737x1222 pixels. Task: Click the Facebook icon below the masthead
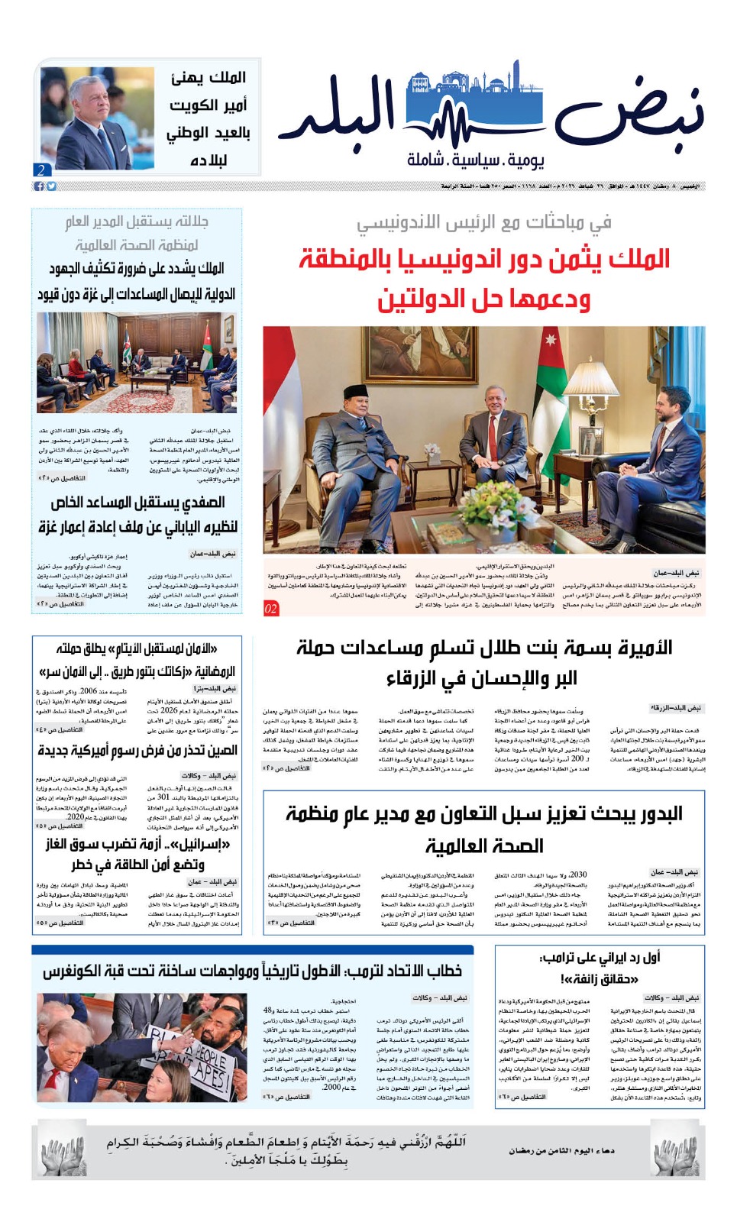(39, 186)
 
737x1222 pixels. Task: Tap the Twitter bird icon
(51, 186)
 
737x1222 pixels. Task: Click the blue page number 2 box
(41, 170)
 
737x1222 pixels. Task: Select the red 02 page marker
(271, 609)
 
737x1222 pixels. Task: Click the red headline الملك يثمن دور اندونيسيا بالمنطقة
(484, 260)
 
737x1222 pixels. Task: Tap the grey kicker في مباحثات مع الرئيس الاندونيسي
(484, 222)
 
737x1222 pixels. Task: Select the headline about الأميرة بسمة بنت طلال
(483, 662)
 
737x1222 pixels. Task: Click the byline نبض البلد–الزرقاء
(675, 708)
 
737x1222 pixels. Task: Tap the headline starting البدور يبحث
(484, 829)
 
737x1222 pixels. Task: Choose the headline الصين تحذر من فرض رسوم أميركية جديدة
(137, 751)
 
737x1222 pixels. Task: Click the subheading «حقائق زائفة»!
(598, 978)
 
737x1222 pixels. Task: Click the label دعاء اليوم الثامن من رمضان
(561, 1150)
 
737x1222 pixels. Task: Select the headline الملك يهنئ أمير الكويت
(208, 118)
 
